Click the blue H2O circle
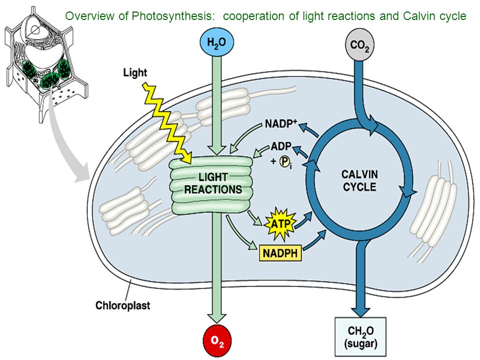tap(216, 42)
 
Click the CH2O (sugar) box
tap(360, 336)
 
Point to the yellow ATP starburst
tap(280, 224)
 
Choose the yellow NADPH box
tap(280, 253)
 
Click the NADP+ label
tap(281, 123)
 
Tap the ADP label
tap(281, 146)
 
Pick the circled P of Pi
tap(284, 161)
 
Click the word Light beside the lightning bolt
tap(135, 73)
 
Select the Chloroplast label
tap(123, 305)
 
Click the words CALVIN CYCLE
tap(359, 180)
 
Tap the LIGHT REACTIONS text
tap(213, 183)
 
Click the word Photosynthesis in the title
tap(171, 16)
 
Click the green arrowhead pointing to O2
tap(216, 318)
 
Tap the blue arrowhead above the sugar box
tap(360, 311)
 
